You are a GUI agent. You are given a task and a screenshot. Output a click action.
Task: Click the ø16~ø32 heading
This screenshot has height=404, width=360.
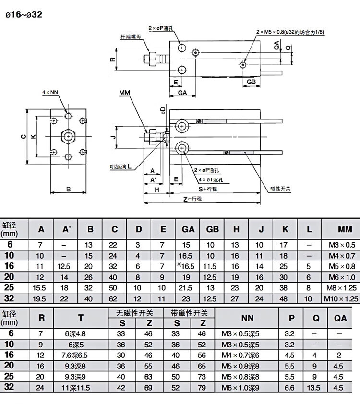tap(24, 14)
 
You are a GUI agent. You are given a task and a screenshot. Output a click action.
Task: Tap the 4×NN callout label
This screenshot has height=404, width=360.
tap(50, 92)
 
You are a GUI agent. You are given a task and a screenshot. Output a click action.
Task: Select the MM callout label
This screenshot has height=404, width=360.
tap(125, 93)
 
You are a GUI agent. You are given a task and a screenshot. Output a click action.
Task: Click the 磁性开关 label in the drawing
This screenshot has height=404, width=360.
tap(280, 189)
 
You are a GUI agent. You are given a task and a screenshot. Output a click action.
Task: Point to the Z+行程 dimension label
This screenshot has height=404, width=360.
tap(192, 199)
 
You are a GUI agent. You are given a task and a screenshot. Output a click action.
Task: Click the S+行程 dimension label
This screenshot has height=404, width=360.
tap(208, 189)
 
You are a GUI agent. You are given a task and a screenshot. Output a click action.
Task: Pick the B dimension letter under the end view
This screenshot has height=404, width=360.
tap(68, 189)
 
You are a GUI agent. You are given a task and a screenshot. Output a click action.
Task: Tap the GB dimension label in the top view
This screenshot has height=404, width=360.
tap(251, 82)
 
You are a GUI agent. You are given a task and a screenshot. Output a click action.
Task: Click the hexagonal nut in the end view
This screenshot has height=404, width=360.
tap(68, 136)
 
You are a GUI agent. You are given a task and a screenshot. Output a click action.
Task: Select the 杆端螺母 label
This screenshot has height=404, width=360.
tap(131, 36)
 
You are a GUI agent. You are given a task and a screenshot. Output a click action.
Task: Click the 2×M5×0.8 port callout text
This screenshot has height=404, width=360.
tap(290, 32)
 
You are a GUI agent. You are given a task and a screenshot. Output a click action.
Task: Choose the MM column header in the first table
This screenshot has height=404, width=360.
tap(345, 229)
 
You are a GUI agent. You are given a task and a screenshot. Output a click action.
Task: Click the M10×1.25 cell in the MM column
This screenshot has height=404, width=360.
tap(341, 298)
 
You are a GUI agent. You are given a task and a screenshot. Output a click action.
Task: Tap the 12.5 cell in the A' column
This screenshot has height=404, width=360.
tap(64, 266)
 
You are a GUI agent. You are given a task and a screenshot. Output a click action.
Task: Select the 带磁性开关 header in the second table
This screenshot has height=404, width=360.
tap(189, 313)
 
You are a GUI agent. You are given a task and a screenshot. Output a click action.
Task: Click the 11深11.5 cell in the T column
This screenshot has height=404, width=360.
tap(75, 388)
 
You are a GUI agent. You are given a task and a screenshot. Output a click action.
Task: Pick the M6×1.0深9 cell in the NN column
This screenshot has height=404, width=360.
tap(240, 388)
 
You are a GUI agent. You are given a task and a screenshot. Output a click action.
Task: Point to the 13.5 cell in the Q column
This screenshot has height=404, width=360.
tap(313, 388)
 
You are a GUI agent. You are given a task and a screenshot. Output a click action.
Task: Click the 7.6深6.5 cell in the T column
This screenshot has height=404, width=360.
tap(74, 356)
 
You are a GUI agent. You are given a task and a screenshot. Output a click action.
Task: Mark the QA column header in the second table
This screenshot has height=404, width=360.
tap(340, 318)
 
